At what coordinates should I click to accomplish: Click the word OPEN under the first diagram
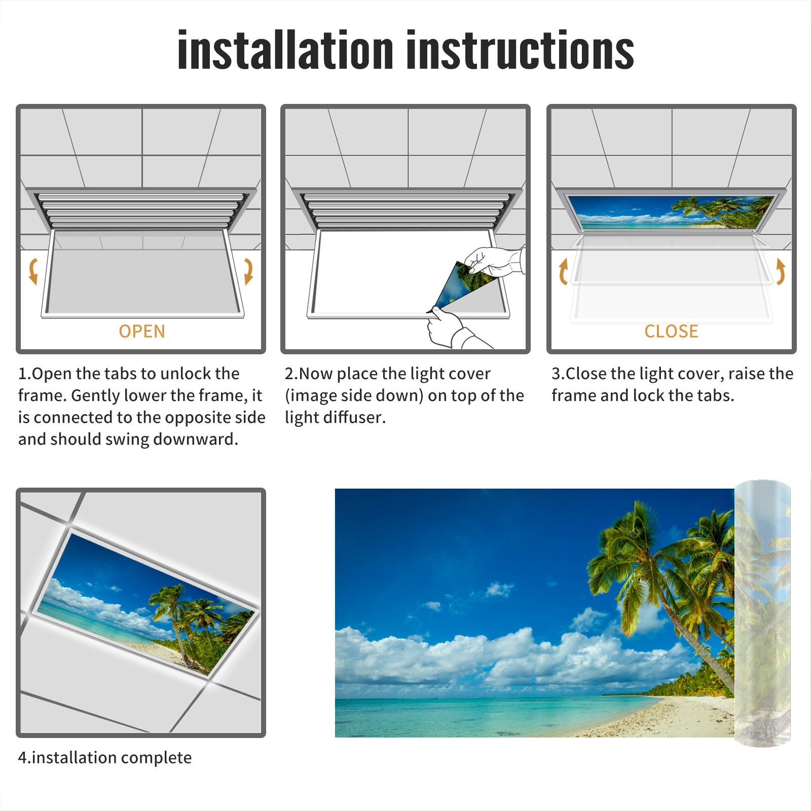pyautogui.click(x=142, y=331)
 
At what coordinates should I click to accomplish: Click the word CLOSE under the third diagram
pyautogui.click(x=671, y=331)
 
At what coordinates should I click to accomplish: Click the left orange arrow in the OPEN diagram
pyautogui.click(x=33, y=271)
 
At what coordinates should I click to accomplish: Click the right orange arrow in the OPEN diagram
pyautogui.click(x=248, y=271)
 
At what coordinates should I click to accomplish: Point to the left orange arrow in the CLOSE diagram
pyautogui.click(x=563, y=271)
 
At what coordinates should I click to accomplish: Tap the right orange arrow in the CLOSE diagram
pyautogui.click(x=781, y=271)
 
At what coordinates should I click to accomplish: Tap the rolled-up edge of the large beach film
pyautogui.click(x=762, y=613)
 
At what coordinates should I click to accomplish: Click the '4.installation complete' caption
pyautogui.click(x=105, y=757)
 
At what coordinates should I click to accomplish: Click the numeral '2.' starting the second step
pyautogui.click(x=291, y=374)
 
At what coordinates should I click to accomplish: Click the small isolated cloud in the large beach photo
pyautogui.click(x=499, y=589)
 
